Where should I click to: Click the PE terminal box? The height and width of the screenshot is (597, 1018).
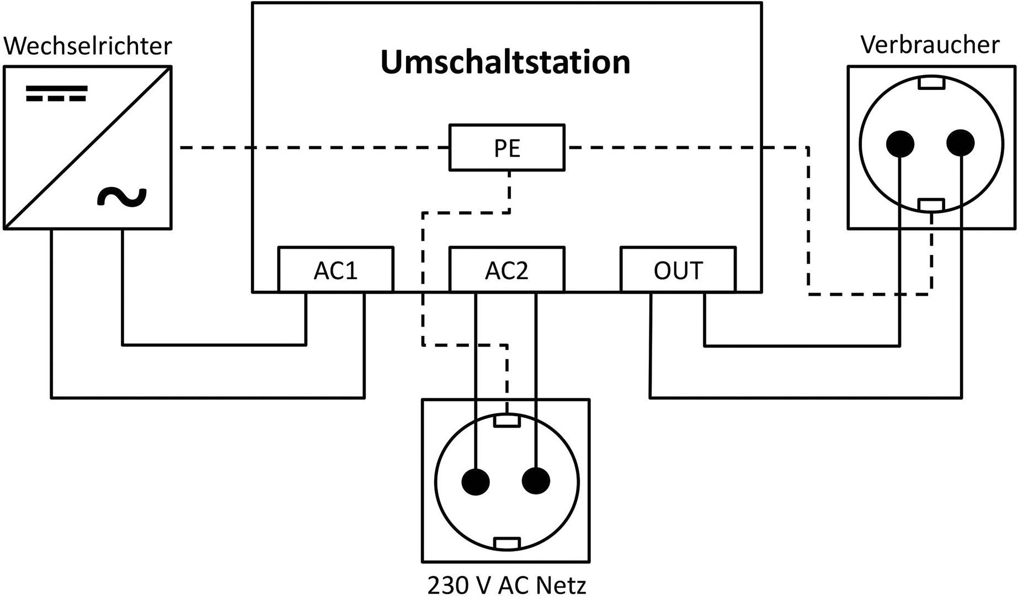coord(507,147)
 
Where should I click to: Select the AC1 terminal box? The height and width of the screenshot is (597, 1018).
coord(335,269)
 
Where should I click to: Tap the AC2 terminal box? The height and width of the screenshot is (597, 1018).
coord(507,269)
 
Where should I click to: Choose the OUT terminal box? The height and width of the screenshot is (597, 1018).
coord(678,269)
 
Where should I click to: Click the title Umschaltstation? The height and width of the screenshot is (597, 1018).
coord(505,62)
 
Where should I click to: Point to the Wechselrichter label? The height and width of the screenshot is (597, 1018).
coord(88,46)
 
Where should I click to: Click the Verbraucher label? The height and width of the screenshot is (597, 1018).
coord(930,45)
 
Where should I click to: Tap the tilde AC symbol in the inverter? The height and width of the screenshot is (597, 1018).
coord(122,197)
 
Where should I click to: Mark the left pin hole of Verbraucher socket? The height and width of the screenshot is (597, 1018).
coord(900,144)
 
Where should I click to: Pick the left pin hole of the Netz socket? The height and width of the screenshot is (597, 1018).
coord(476,481)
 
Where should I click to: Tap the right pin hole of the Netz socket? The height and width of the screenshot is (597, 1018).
coord(536,481)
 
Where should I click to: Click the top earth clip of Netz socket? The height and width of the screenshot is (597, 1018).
coord(507,421)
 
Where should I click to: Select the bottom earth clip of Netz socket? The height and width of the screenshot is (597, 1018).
coord(507,543)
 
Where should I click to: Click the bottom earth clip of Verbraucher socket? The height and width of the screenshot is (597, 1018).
coord(931,205)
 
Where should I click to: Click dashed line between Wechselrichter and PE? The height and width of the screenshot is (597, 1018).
coord(315,148)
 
